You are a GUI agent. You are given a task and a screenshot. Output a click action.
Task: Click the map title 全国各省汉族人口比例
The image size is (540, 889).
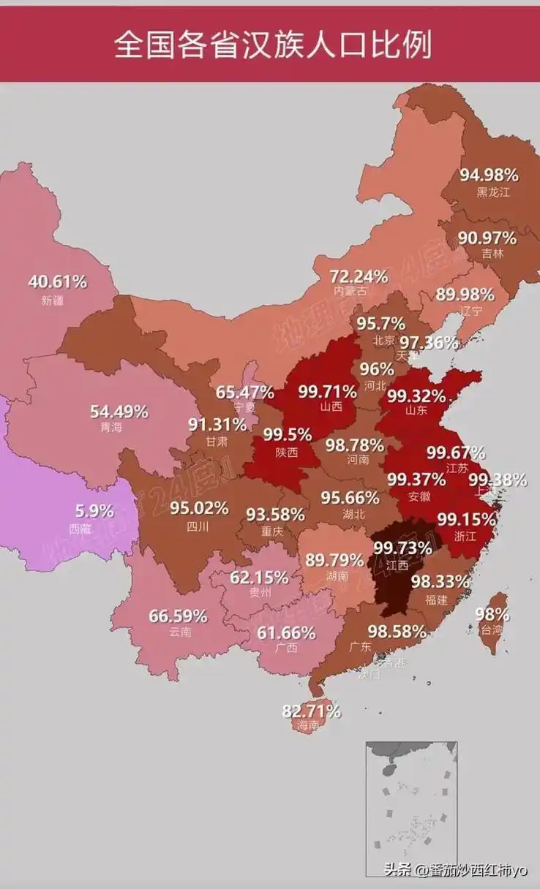[272, 45]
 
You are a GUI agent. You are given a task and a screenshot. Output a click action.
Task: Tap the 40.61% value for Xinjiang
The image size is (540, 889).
[57, 281]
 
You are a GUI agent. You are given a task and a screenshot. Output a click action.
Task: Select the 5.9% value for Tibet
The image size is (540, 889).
[95, 511]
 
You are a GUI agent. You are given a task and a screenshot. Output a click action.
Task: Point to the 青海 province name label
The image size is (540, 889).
[112, 428]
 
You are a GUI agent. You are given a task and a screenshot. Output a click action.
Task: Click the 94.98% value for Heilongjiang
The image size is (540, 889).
[489, 175]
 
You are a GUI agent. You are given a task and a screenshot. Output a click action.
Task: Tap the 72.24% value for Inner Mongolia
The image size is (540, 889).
[359, 276]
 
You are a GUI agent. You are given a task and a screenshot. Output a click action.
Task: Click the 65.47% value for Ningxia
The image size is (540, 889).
[244, 392]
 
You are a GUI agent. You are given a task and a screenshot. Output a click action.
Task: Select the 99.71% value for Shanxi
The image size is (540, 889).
[327, 391]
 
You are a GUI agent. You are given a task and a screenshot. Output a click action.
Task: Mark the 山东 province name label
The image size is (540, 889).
[415, 411]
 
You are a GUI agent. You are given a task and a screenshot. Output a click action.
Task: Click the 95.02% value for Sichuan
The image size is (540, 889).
[199, 507]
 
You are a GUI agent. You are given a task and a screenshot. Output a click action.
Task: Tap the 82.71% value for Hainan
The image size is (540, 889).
[312, 711]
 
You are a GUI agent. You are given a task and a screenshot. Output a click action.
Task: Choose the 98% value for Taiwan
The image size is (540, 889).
[492, 613]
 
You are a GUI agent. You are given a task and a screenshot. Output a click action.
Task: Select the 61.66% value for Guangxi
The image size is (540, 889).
[286, 632]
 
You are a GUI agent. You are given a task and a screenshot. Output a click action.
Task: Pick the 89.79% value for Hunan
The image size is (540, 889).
[334, 561]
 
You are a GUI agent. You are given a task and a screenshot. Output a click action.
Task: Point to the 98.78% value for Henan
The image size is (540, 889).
[355, 444]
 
